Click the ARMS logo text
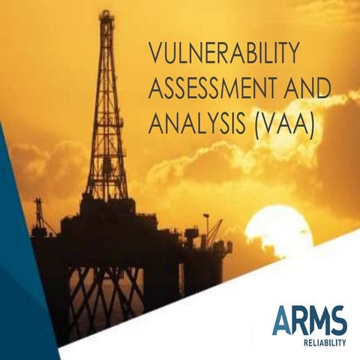[x=309, y=321]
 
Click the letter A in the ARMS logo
[x=280, y=321]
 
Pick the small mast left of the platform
[x=37, y=214]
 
